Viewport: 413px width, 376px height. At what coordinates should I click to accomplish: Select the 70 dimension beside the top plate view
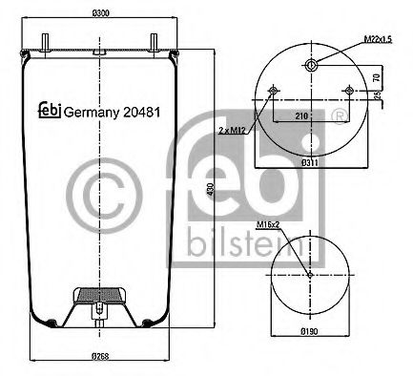(377, 77)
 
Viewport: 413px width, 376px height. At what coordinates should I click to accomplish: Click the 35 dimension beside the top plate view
(377, 96)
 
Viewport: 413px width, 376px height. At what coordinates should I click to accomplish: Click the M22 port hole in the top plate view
(312, 65)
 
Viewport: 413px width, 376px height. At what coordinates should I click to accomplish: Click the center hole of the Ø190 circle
(311, 275)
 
